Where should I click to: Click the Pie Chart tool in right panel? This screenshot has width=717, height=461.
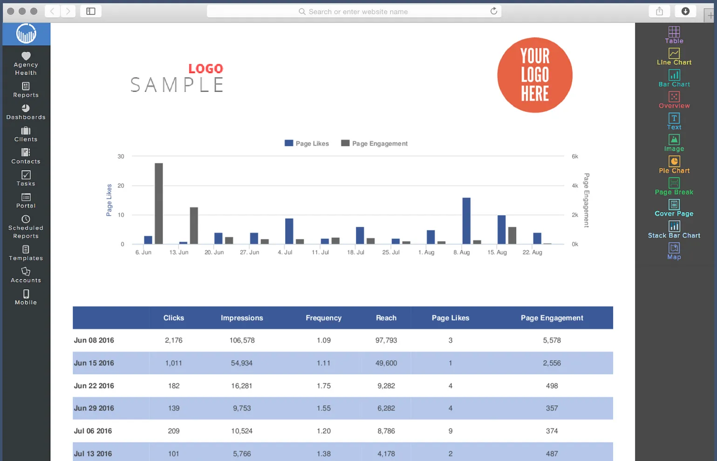click(x=674, y=164)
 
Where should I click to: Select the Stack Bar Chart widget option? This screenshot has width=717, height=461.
click(x=674, y=230)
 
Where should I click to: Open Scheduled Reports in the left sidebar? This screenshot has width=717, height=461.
click(x=26, y=227)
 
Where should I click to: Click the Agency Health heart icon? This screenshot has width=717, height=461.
click(x=26, y=56)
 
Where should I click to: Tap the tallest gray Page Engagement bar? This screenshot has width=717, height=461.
click(x=159, y=203)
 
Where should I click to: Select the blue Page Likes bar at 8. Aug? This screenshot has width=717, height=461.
click(x=466, y=221)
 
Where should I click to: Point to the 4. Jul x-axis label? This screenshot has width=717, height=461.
click(x=285, y=252)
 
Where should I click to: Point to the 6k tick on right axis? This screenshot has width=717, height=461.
click(x=575, y=156)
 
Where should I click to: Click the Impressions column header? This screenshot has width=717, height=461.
click(x=242, y=318)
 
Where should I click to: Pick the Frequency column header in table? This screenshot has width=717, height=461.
click(x=323, y=318)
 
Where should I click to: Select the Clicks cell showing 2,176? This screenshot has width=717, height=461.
click(x=173, y=340)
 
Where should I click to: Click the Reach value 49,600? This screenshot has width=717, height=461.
click(x=386, y=363)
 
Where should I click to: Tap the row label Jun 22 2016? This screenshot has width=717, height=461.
click(x=94, y=386)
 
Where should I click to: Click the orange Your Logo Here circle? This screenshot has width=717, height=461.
click(x=535, y=75)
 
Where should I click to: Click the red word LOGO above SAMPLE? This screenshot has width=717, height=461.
click(x=205, y=69)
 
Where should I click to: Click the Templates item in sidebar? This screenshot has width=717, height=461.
click(x=26, y=253)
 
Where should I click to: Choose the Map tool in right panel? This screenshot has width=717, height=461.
click(x=674, y=251)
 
